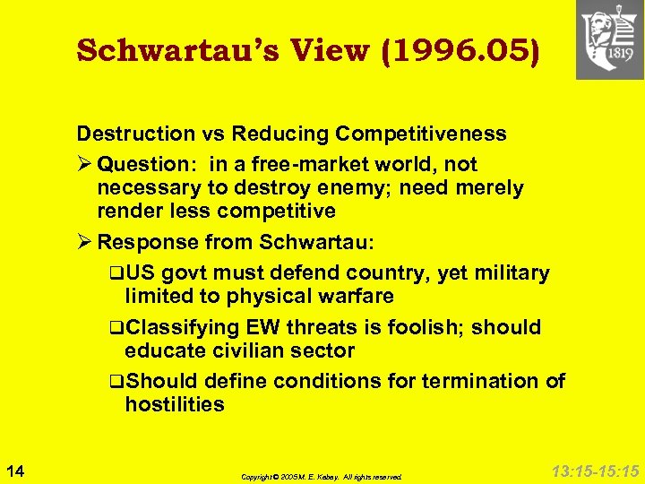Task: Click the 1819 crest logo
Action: [x=609, y=39]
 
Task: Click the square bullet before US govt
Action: [x=116, y=273]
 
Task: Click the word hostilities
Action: [x=175, y=404]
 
